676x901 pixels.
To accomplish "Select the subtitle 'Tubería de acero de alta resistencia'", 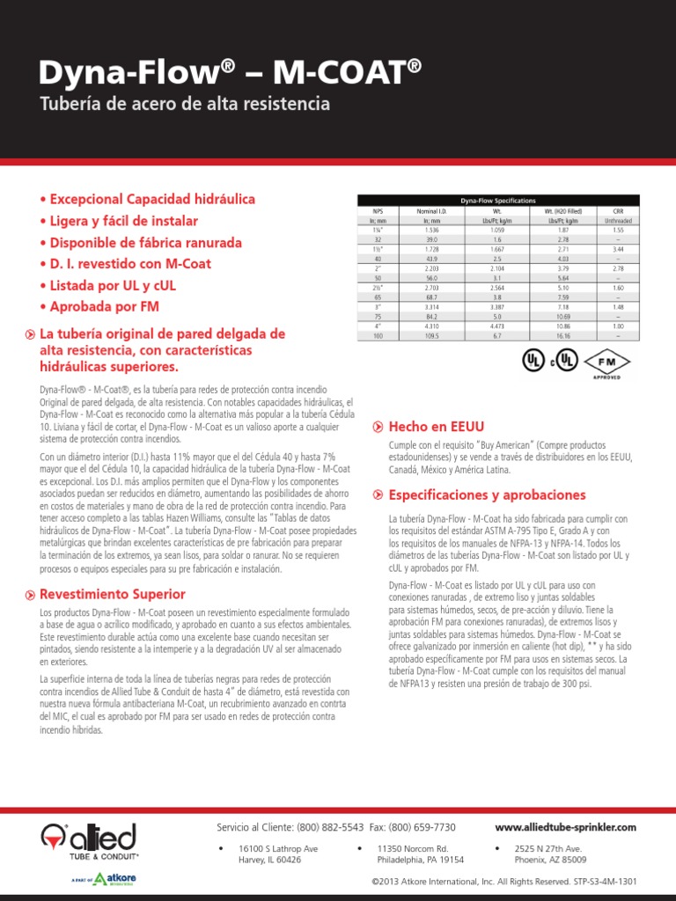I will (x=185, y=104).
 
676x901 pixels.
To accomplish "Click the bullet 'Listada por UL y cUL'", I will (x=121, y=285).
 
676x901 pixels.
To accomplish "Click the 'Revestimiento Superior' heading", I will (x=113, y=594).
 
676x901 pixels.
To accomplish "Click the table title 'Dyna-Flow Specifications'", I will (x=498, y=201).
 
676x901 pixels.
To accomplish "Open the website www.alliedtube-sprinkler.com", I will (x=565, y=828).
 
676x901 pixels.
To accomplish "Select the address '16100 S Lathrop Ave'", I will (x=278, y=848).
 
